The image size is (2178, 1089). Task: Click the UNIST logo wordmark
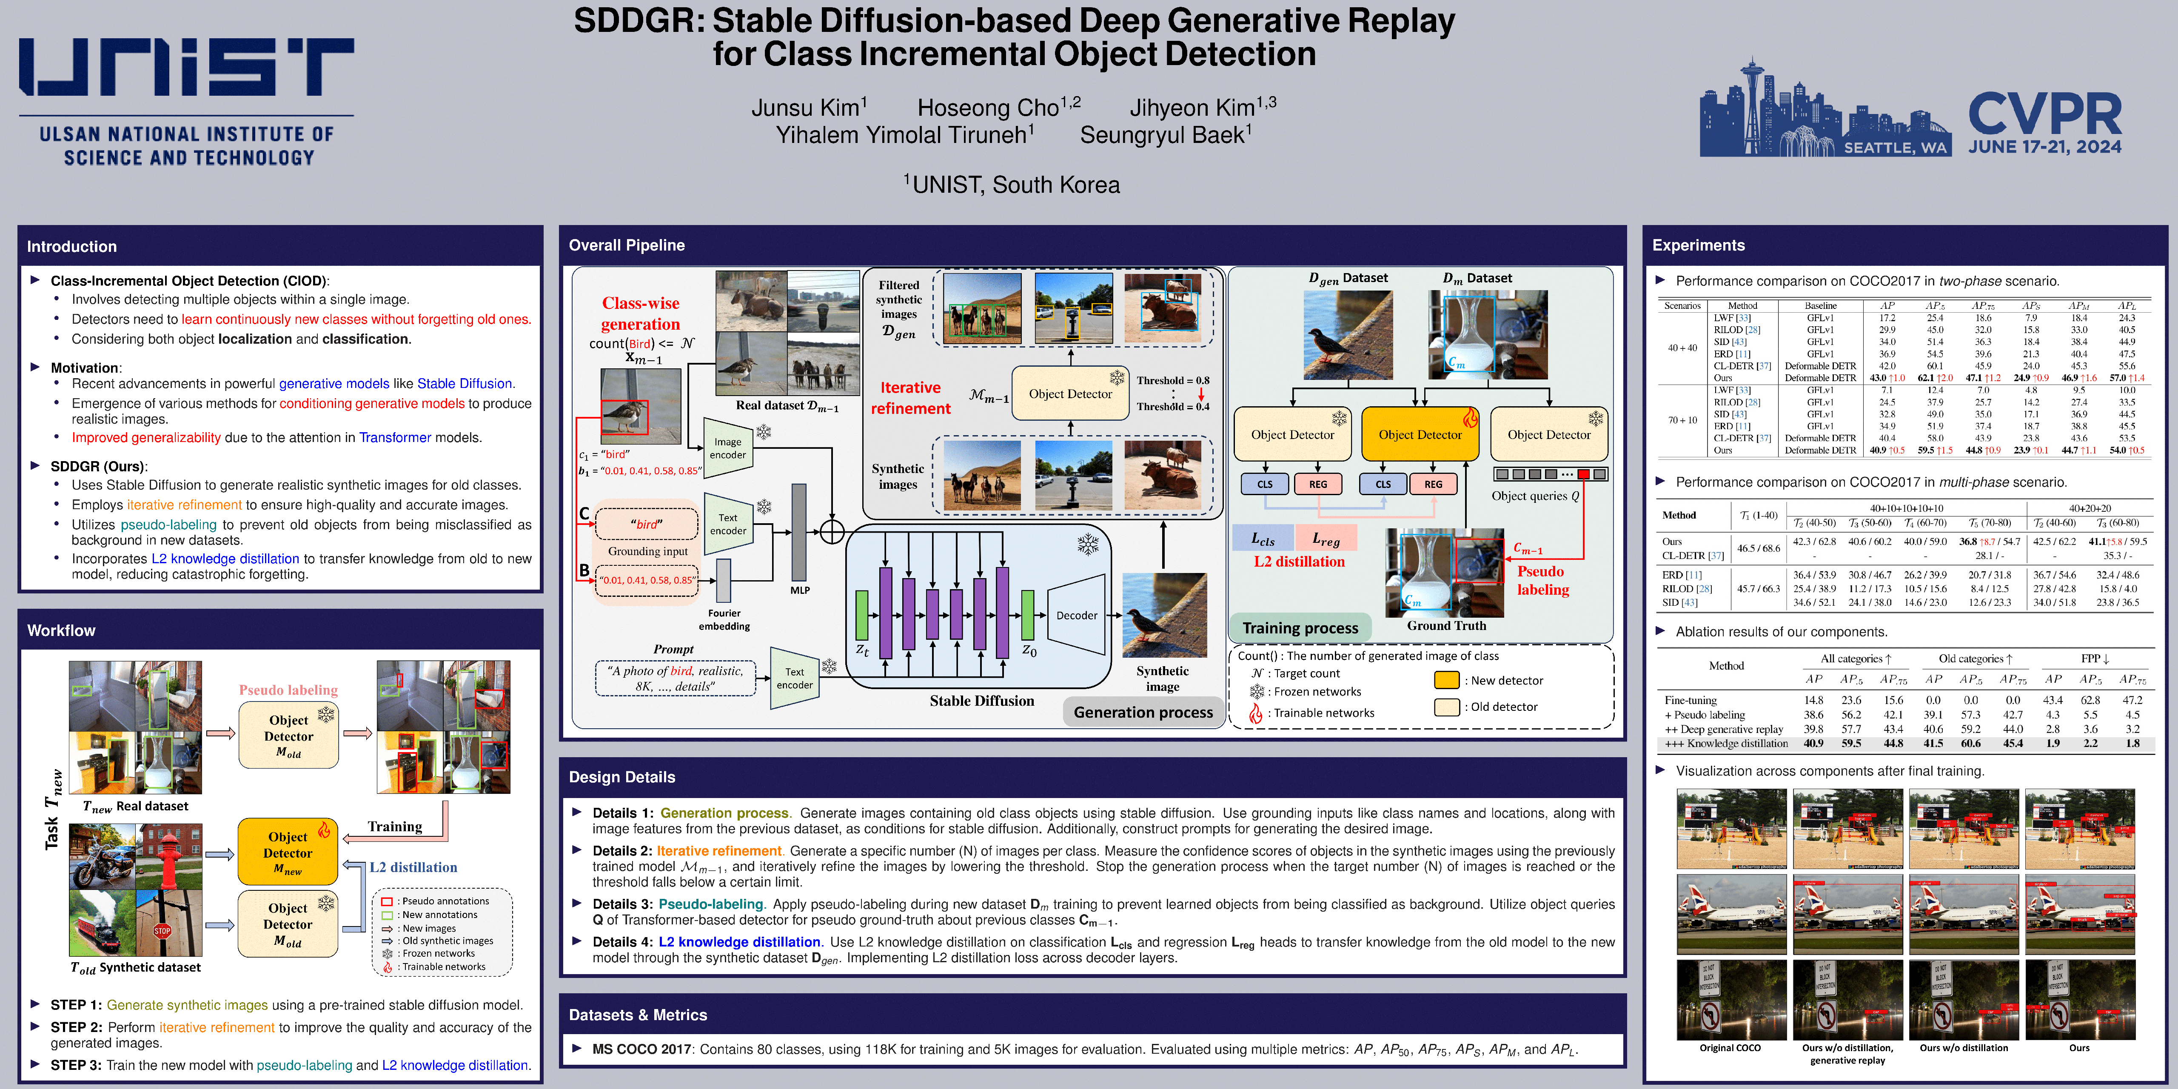point(186,68)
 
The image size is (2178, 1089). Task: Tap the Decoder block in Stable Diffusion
point(1076,616)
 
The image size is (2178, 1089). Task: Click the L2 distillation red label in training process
point(1299,562)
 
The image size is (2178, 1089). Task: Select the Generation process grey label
point(1143,712)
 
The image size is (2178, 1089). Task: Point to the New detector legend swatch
point(1447,680)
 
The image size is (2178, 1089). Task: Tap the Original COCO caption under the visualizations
point(1730,1048)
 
